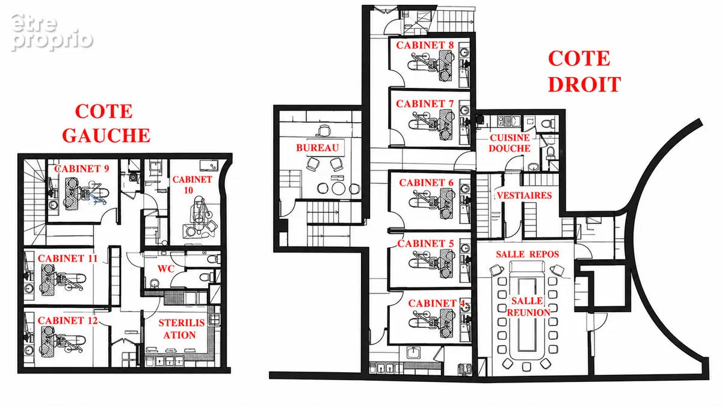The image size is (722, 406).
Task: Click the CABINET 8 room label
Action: [425, 45]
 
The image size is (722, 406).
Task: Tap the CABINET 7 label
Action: [425, 103]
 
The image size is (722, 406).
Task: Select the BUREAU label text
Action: [318, 148]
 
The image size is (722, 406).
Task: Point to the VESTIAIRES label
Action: [524, 195]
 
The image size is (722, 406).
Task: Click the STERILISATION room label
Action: [182, 328]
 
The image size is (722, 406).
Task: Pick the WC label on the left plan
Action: [165, 268]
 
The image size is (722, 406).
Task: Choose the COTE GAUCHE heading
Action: [106, 123]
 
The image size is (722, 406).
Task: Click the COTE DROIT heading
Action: [584, 72]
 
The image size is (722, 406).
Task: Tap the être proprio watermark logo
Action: [52, 32]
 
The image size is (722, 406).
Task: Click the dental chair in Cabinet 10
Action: [199, 216]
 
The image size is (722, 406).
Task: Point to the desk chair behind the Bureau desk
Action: [324, 131]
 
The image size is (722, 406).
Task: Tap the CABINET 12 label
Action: [67, 320]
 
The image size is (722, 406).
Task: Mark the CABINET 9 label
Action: [82, 168]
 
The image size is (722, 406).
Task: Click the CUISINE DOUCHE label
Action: [510, 143]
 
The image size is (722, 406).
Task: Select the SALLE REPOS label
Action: [527, 254]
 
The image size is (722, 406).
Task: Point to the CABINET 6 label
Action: [426, 183]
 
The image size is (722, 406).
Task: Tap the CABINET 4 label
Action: [436, 303]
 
